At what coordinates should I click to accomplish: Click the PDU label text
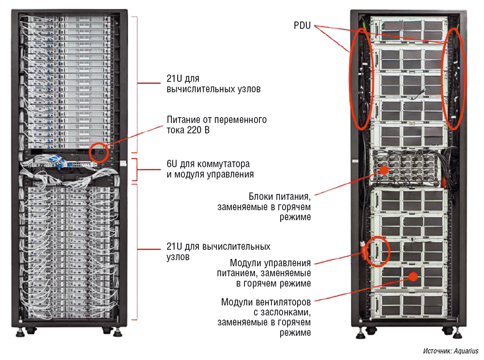pos(302,24)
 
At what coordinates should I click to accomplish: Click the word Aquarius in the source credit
pos(467,351)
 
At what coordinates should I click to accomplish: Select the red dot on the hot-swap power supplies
pos(383,170)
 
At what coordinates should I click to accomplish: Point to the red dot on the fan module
pos(413,276)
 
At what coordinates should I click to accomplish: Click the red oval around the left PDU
pos(360,78)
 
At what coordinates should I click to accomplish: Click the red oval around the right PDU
pos(454,78)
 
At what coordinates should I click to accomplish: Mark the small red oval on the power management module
pos(378,251)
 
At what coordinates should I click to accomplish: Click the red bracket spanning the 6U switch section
pos(137,169)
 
